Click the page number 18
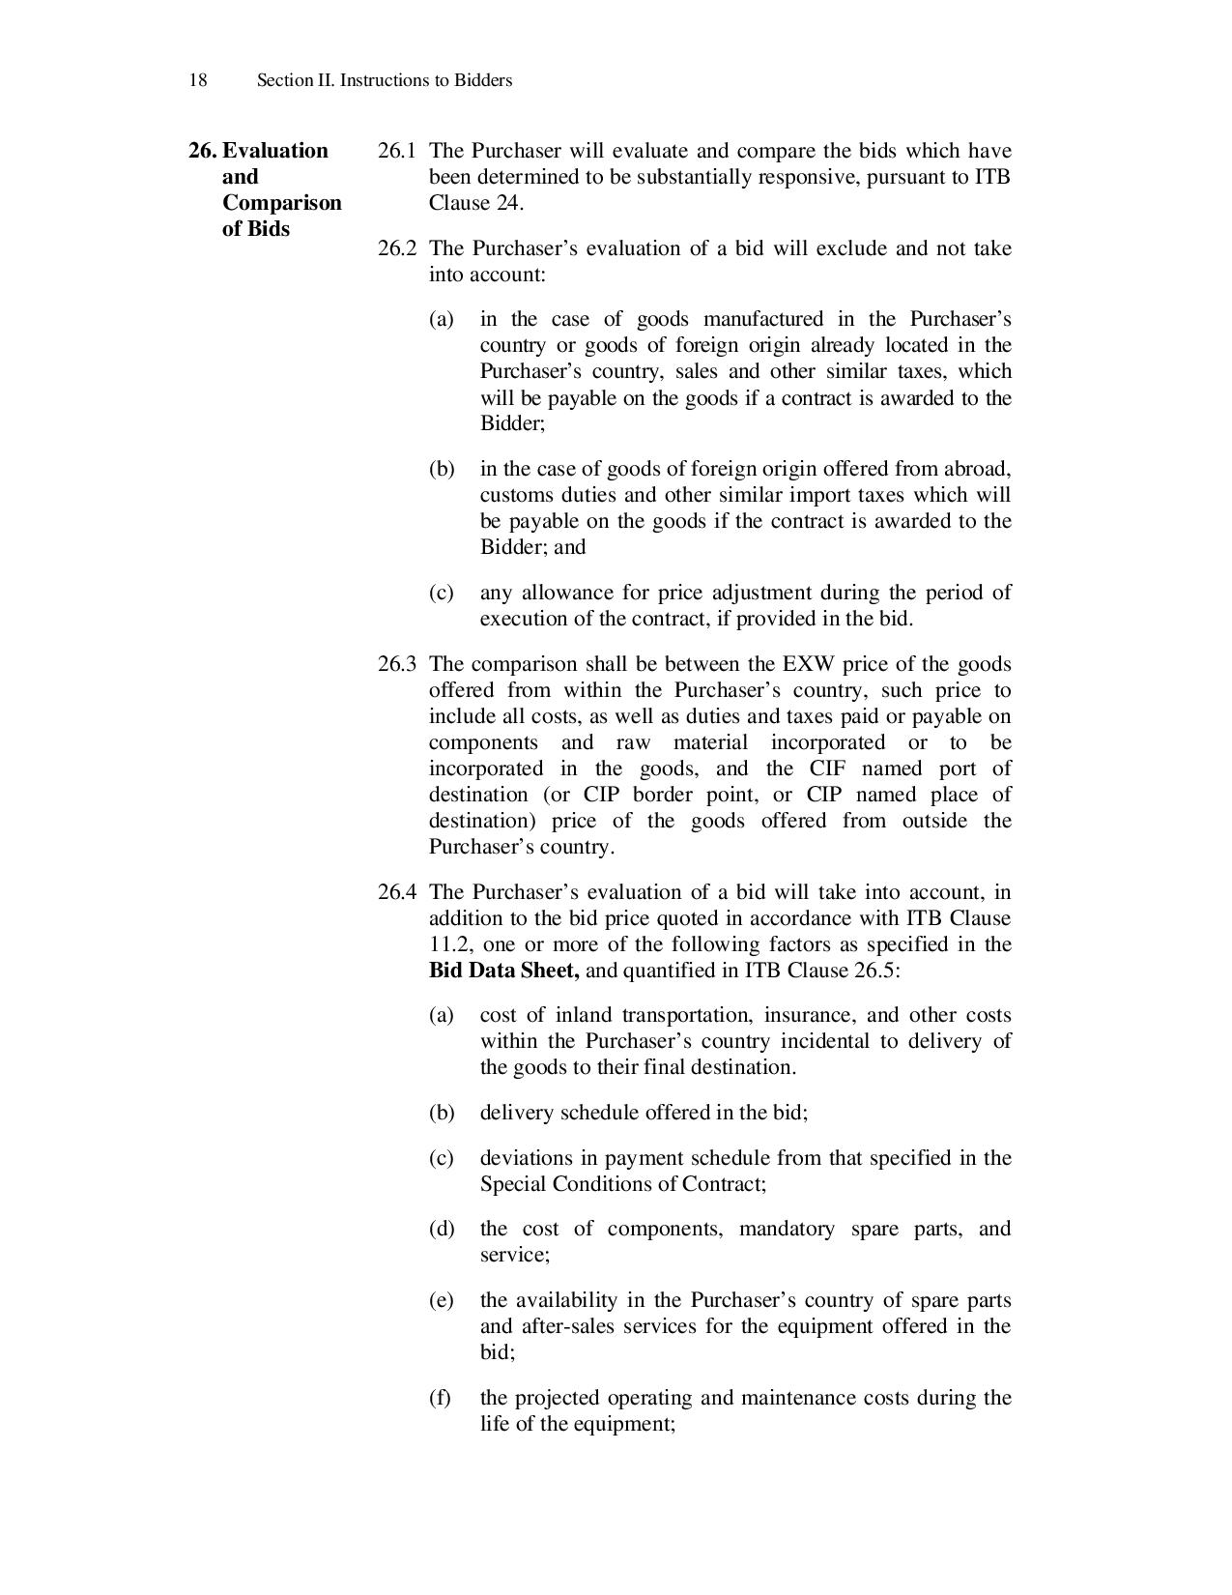pyautogui.click(x=197, y=80)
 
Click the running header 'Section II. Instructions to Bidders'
pyautogui.click(x=384, y=80)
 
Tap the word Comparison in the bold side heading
pyautogui.click(x=281, y=203)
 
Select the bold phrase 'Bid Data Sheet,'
pyautogui.click(x=503, y=971)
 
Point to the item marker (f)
pyautogui.click(x=440, y=1398)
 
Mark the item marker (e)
pyautogui.click(x=440, y=1300)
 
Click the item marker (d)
pyautogui.click(x=440, y=1229)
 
